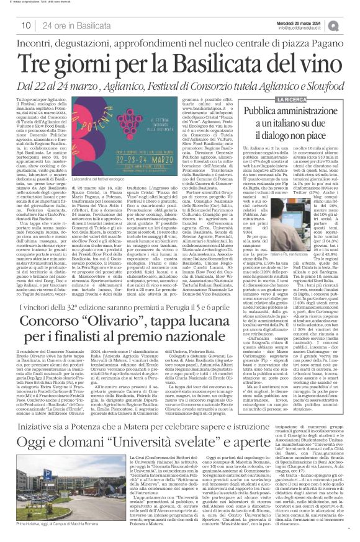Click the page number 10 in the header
click(x=25, y=25)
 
